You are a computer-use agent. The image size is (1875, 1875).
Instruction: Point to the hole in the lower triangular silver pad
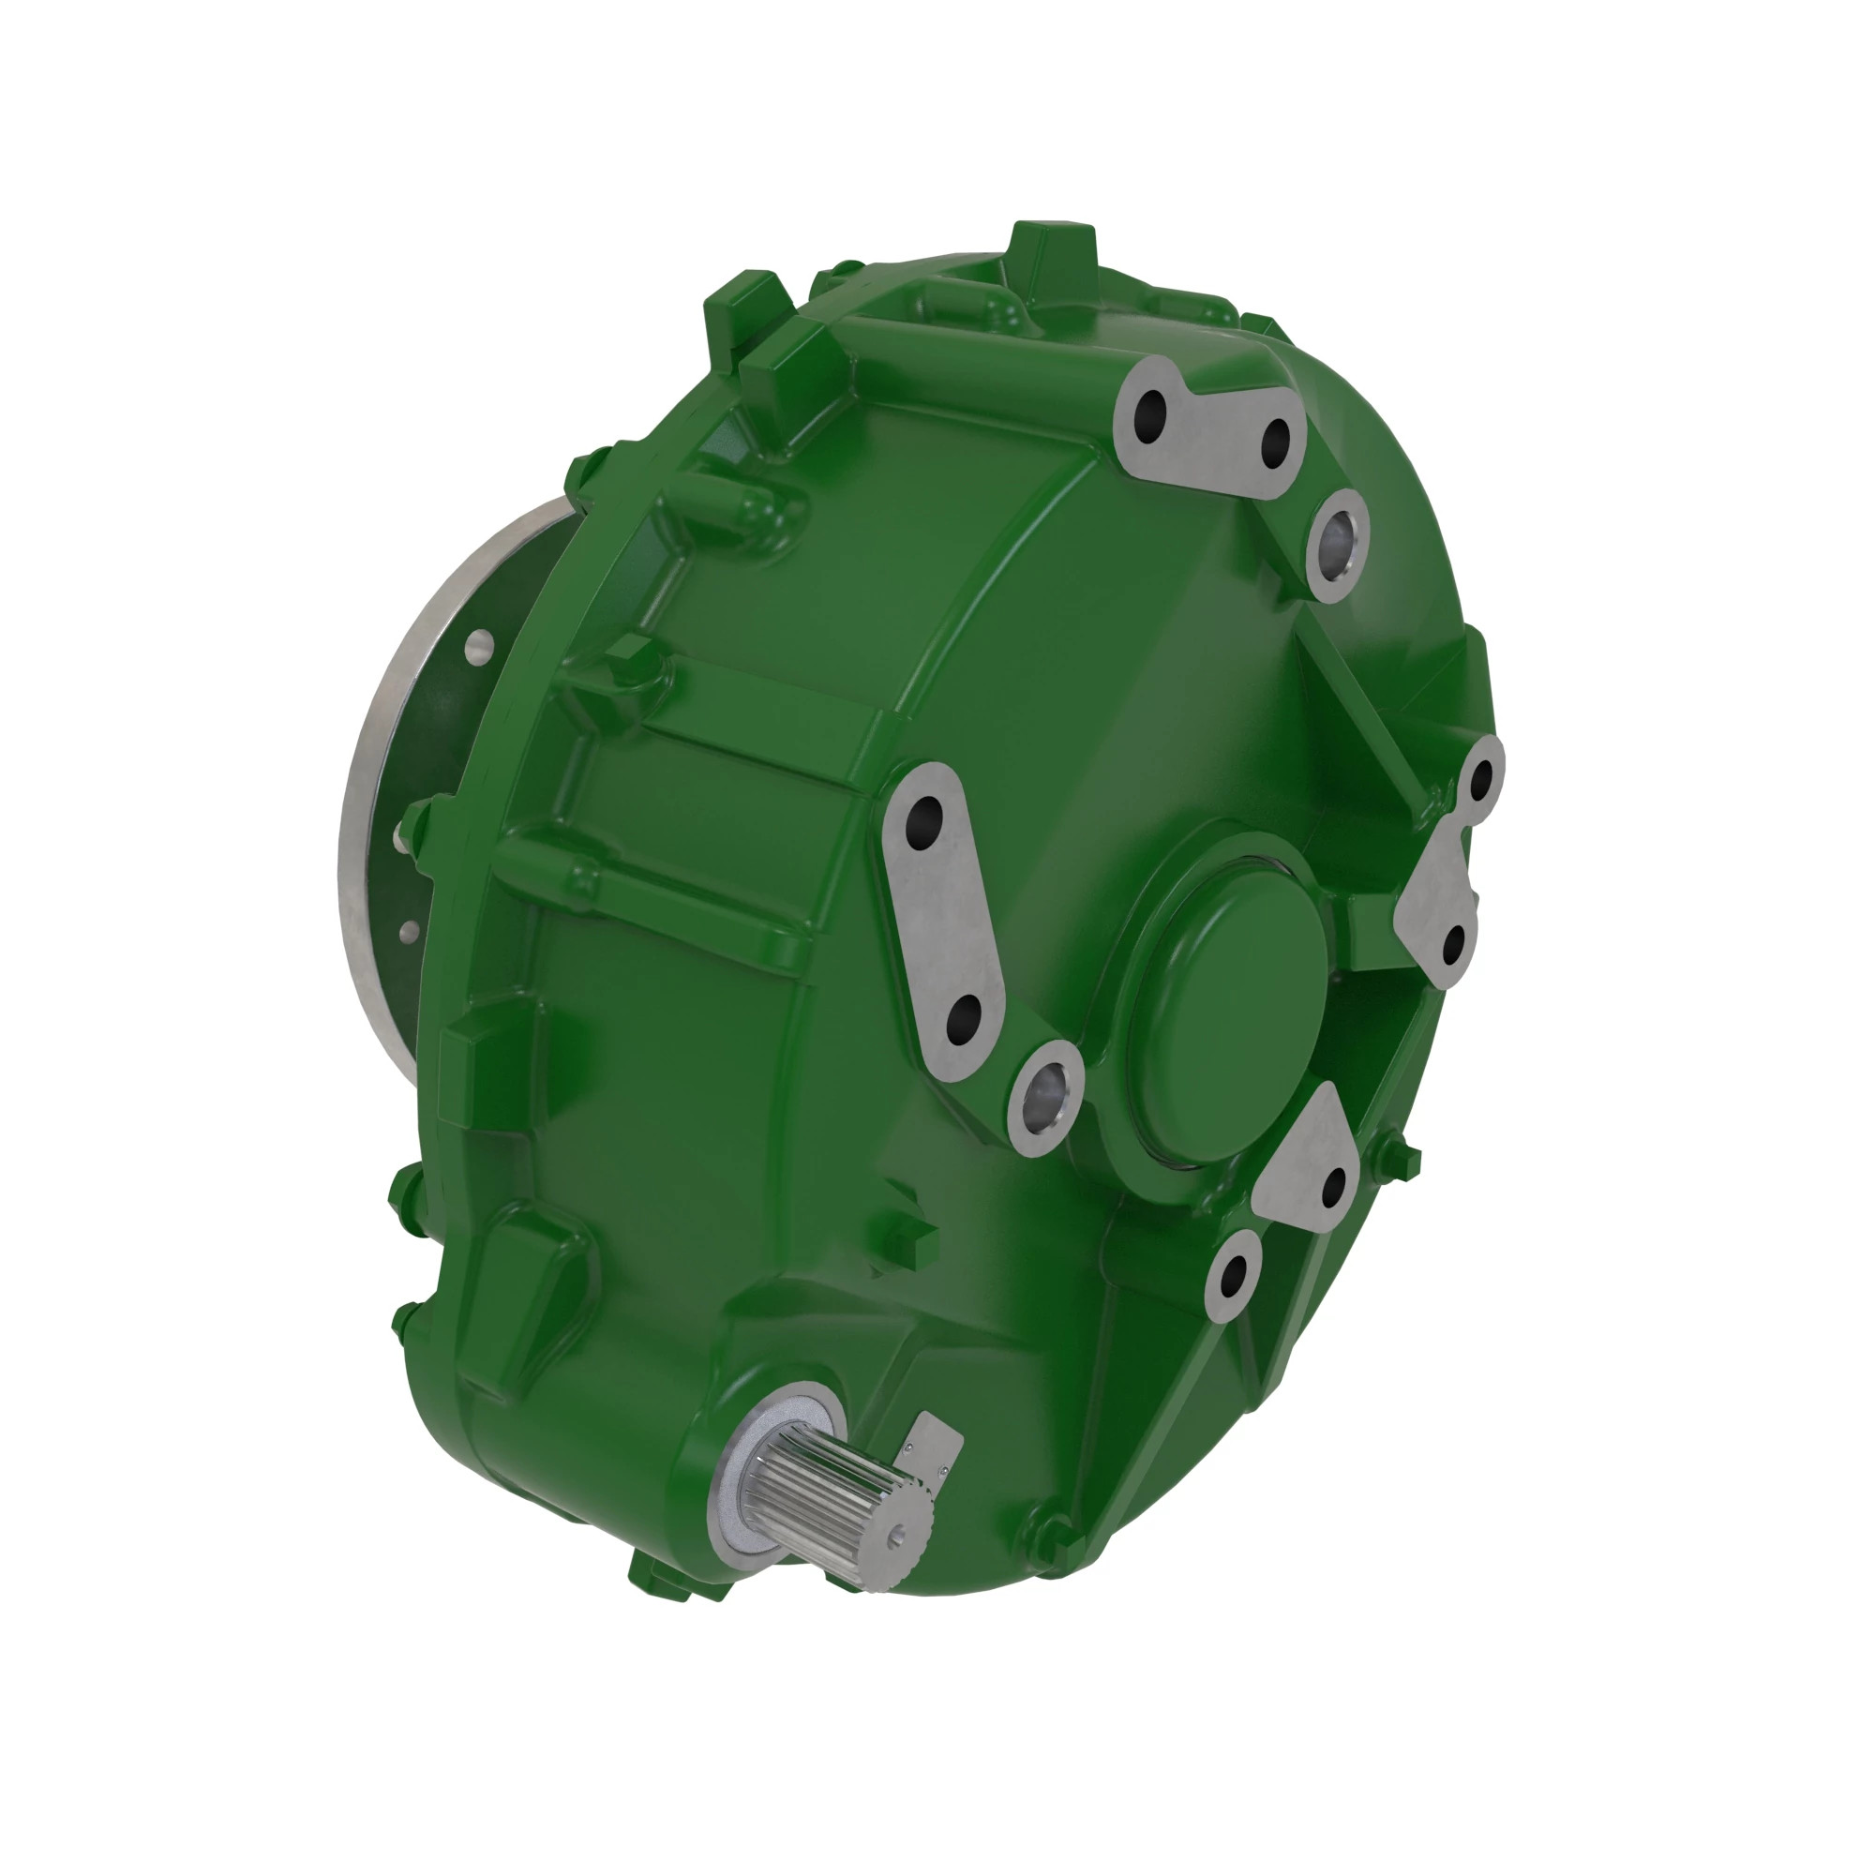pos(1334,1185)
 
